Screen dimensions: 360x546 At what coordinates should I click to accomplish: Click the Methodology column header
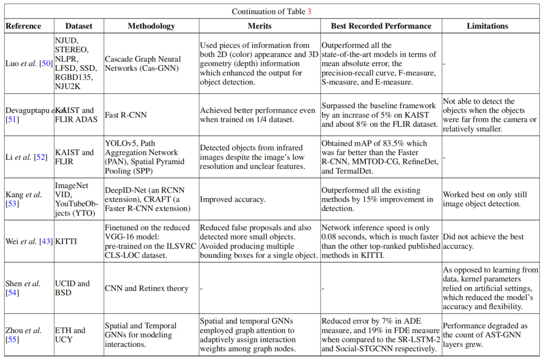pyautogui.click(x=151, y=26)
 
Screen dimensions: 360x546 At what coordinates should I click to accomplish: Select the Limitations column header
pyautogui.click(x=487, y=26)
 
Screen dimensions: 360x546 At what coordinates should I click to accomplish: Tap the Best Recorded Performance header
pyautogui.click(x=381, y=26)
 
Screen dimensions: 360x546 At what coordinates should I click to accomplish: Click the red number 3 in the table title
pyautogui.click(x=309, y=12)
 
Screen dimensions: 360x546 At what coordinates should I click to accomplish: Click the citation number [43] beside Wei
pyautogui.click(x=45, y=241)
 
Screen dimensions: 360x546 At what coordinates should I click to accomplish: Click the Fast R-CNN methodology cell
pyautogui.click(x=126, y=115)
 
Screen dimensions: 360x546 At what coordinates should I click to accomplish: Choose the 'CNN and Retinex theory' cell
pyautogui.click(x=147, y=288)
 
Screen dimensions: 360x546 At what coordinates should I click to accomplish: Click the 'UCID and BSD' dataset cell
pyautogui.click(x=72, y=288)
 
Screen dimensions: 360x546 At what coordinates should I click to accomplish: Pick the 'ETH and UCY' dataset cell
pyautogui.click(x=70, y=335)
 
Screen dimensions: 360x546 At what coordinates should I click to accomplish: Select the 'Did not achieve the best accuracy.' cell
pyautogui.click(x=483, y=241)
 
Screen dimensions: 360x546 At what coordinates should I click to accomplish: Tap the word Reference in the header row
pyautogui.click(x=23, y=26)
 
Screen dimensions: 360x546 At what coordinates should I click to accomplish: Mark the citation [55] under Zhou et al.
pyautogui.click(x=12, y=340)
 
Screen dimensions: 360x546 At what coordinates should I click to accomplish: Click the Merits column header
pyautogui.click(x=259, y=26)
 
